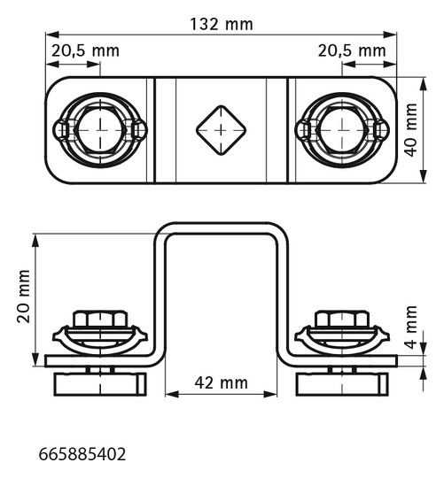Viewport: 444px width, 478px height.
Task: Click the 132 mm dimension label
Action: click(221, 25)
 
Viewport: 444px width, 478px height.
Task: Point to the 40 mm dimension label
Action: click(410, 128)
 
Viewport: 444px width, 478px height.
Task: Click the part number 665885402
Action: click(82, 455)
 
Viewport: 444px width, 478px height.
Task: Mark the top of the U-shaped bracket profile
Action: click(221, 227)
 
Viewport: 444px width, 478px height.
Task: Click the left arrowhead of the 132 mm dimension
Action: click(49, 35)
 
